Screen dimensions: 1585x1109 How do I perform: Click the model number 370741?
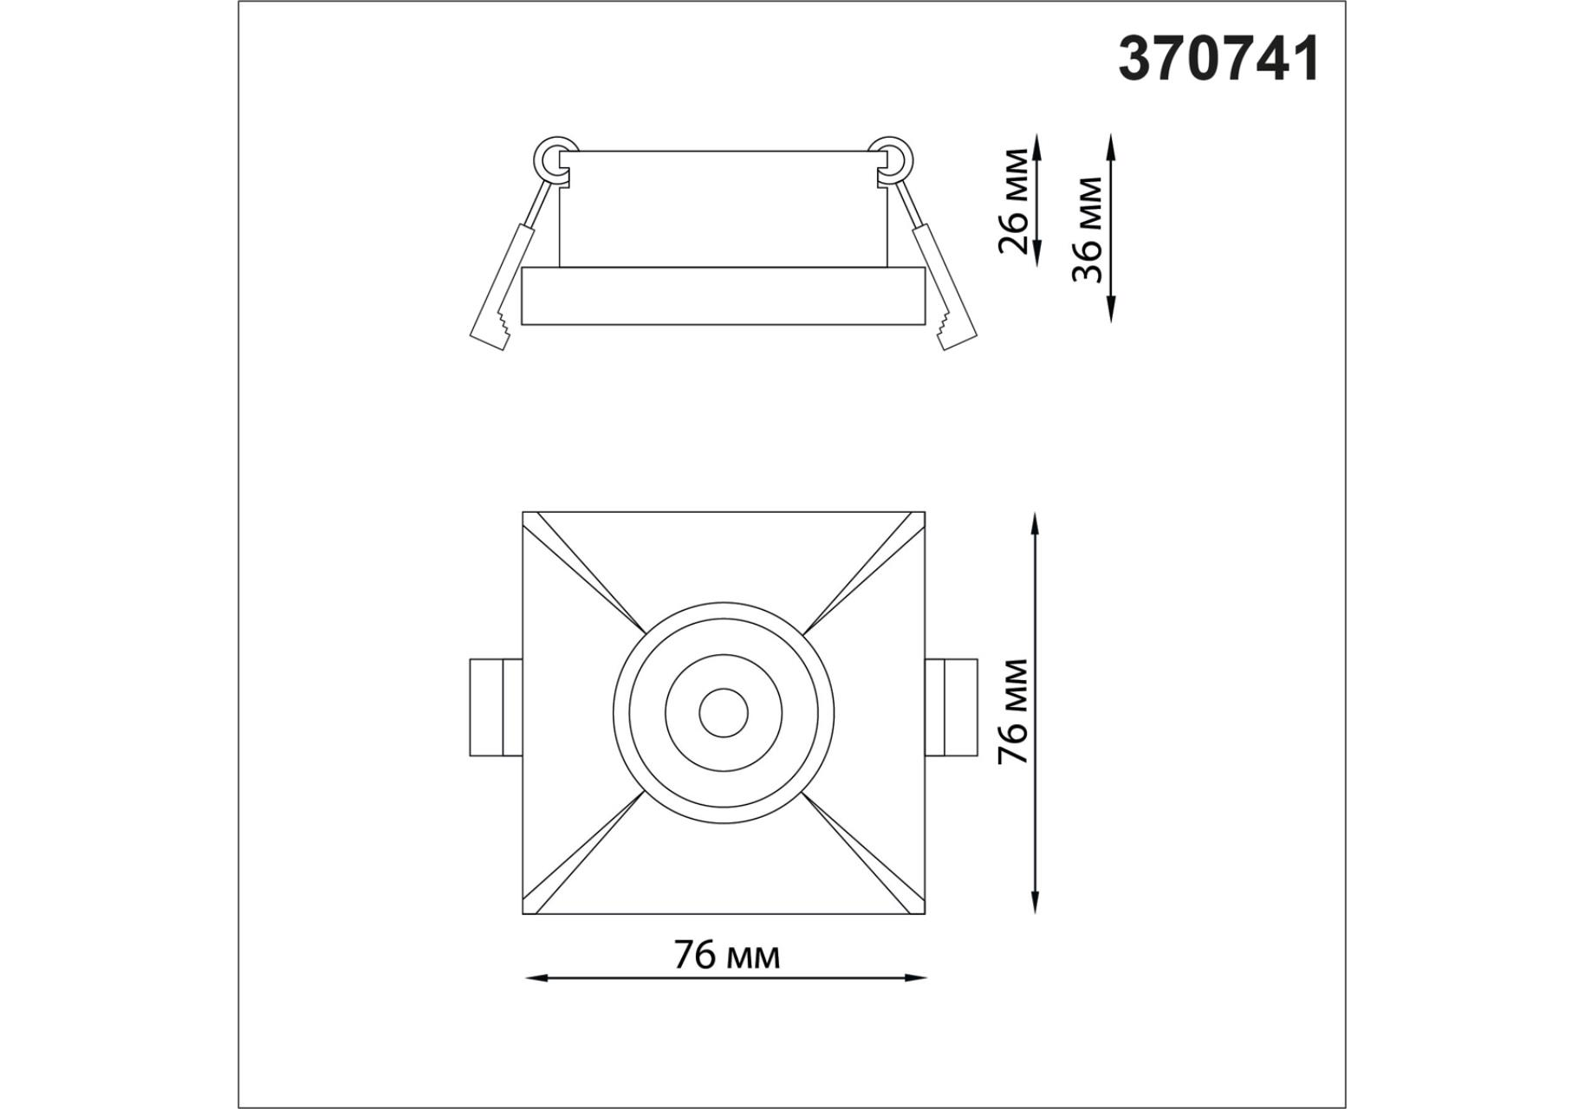(x=1219, y=60)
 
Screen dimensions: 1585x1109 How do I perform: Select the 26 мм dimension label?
(x=1014, y=201)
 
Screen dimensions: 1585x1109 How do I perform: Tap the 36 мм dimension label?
(x=1087, y=230)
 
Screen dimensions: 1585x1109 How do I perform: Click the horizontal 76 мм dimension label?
(x=727, y=956)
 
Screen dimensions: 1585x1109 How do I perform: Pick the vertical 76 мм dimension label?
(x=1013, y=711)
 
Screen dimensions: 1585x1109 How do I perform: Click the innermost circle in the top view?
(x=723, y=713)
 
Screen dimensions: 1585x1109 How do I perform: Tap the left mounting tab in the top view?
(x=496, y=707)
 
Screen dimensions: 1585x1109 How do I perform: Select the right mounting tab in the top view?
(x=951, y=707)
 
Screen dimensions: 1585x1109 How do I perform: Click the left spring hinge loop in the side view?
(x=555, y=160)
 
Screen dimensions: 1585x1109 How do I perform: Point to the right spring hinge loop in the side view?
(x=891, y=160)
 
